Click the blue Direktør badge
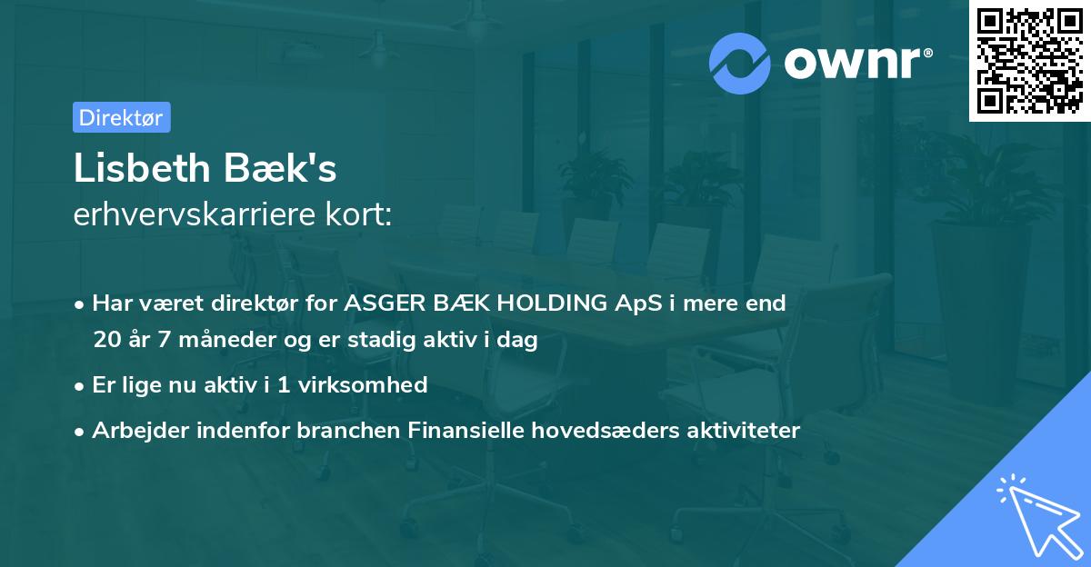(x=121, y=117)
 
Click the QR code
(x=1029, y=61)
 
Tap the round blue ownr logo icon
(x=739, y=63)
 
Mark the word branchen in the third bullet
(x=339, y=430)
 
